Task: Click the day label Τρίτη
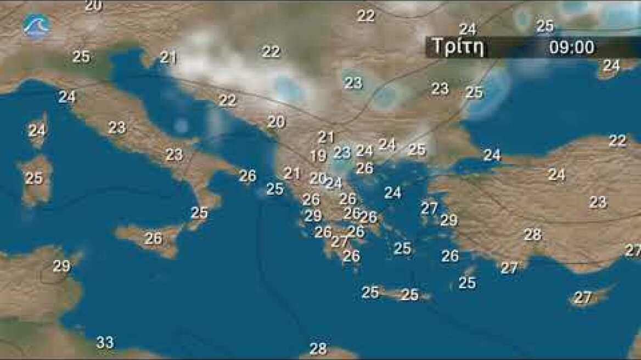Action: [458, 47]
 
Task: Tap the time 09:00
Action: [571, 48]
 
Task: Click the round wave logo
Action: [36, 25]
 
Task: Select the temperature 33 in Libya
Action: [105, 343]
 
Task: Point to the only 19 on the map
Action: [318, 156]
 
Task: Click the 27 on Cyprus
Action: [583, 297]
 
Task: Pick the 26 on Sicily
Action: [154, 239]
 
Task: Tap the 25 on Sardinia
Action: [34, 178]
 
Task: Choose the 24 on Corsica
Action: [37, 131]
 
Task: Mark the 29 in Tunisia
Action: [61, 266]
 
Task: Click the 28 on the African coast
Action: [318, 348]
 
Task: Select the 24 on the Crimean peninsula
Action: [611, 66]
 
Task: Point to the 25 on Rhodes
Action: [467, 283]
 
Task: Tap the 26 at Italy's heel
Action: [248, 176]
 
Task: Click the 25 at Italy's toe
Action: [199, 212]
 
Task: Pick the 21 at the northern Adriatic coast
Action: [168, 57]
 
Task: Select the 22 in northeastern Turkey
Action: [617, 141]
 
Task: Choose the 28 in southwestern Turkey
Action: [532, 235]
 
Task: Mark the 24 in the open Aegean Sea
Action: [392, 193]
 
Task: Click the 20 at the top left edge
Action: [93, 5]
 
